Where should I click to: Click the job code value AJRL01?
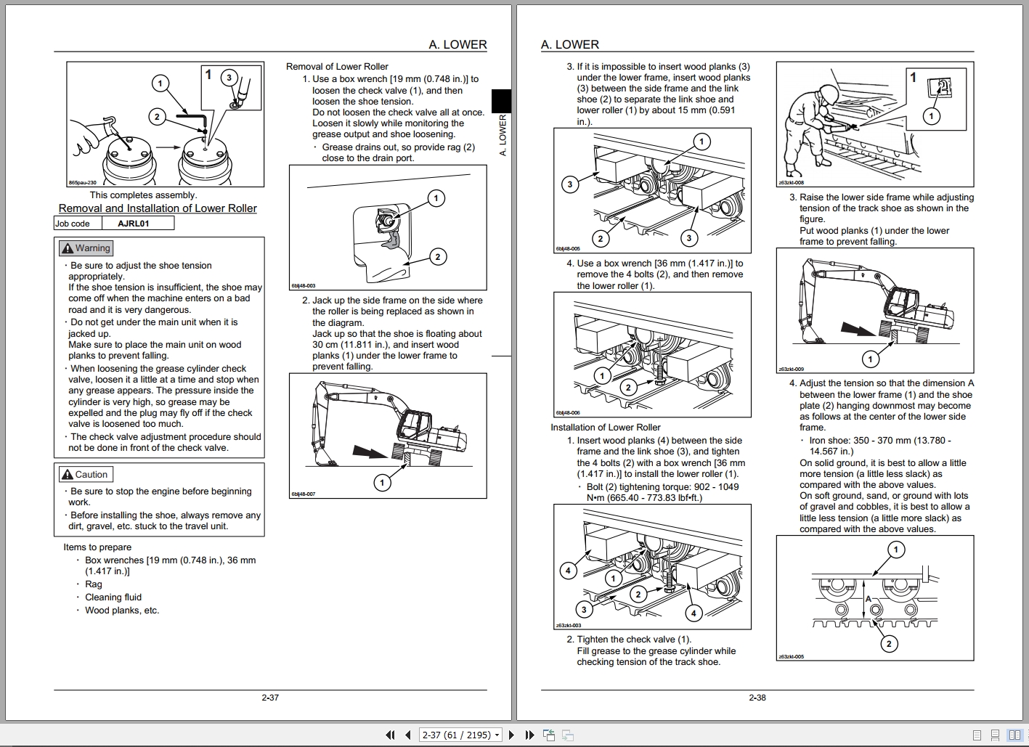[134, 224]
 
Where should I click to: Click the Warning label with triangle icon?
[86, 248]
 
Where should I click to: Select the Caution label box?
[85, 475]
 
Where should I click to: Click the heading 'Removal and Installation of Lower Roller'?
[158, 208]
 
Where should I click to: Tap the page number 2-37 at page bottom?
[270, 698]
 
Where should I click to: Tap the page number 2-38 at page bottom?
[757, 698]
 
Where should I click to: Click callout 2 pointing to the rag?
[437, 256]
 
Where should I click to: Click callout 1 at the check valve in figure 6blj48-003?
[436, 198]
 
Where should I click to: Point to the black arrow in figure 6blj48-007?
[371, 452]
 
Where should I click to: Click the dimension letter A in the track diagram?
[869, 599]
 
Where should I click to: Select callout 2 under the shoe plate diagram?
[889, 643]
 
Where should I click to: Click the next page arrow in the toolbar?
[511, 735]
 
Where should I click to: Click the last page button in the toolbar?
[529, 735]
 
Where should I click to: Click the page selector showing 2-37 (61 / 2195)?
[461, 735]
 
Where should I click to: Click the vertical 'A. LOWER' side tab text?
[503, 135]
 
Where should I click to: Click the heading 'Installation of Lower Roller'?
[606, 427]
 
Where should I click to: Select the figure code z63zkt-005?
[791, 656]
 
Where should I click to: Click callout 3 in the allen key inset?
[229, 78]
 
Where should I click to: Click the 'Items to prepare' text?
[97, 547]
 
